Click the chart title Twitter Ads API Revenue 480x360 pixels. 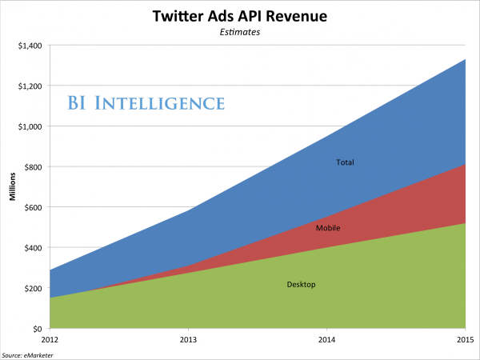click(240, 16)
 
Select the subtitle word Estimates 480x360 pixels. click(240, 32)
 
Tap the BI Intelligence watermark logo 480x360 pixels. click(146, 102)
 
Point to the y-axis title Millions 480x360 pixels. click(12, 186)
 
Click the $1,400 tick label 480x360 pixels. click(30, 46)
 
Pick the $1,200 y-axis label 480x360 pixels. click(30, 86)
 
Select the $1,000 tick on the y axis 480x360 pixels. click(30, 126)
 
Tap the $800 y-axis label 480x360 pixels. click(33, 167)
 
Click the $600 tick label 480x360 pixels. click(33, 207)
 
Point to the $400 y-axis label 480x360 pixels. click(33, 248)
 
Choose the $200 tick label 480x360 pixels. click(33, 288)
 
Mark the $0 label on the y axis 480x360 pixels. click(38, 329)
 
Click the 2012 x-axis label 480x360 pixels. click(50, 340)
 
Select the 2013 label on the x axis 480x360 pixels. click(188, 340)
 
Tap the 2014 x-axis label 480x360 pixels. click(327, 340)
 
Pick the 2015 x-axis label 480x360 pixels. click(466, 340)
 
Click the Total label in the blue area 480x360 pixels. click(345, 162)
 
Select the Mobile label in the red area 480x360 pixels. click(328, 228)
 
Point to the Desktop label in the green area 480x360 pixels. click(301, 285)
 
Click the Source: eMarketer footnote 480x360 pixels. click(27, 355)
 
